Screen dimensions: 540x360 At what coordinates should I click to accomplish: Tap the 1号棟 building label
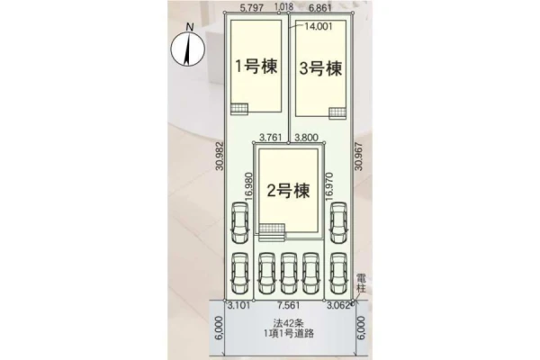click(256, 66)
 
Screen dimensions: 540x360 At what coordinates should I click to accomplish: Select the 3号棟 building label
click(320, 67)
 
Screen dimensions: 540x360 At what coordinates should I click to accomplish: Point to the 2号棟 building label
click(289, 190)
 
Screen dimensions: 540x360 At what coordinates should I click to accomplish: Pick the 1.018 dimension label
click(284, 6)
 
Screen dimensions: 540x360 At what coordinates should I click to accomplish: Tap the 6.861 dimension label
click(320, 8)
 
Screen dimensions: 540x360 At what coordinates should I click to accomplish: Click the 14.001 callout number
click(318, 26)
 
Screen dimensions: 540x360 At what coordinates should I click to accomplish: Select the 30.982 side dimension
click(220, 156)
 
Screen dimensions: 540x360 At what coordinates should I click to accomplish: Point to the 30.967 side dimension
click(359, 156)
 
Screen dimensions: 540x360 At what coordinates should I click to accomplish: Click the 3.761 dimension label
click(270, 138)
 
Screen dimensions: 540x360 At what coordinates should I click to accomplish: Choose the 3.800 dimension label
click(307, 138)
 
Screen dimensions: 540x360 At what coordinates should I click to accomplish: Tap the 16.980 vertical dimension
click(249, 186)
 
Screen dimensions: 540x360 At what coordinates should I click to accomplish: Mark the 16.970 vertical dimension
click(328, 186)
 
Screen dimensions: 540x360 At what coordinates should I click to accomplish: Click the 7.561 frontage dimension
click(288, 306)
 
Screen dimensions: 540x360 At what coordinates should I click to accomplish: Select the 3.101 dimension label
click(239, 306)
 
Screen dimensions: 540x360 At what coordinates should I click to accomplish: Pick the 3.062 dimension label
click(338, 306)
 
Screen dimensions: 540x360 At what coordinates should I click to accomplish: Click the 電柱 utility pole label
click(361, 283)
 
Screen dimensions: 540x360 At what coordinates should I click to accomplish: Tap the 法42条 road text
click(289, 323)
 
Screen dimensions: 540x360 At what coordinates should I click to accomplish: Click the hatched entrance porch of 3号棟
click(337, 113)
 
